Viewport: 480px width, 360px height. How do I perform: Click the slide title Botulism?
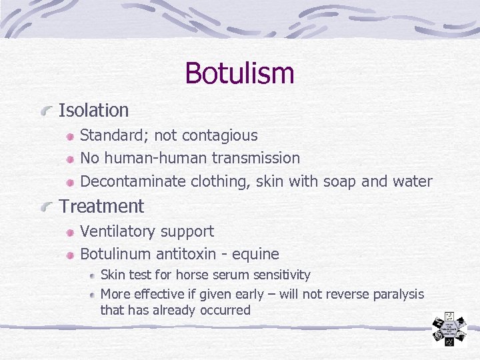(239, 73)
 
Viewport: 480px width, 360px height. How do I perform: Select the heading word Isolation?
(93, 110)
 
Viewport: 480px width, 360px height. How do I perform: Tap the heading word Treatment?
(101, 207)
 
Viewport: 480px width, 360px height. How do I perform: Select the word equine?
(255, 254)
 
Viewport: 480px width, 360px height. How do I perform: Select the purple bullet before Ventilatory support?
(70, 233)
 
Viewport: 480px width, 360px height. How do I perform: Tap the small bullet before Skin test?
(92, 275)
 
